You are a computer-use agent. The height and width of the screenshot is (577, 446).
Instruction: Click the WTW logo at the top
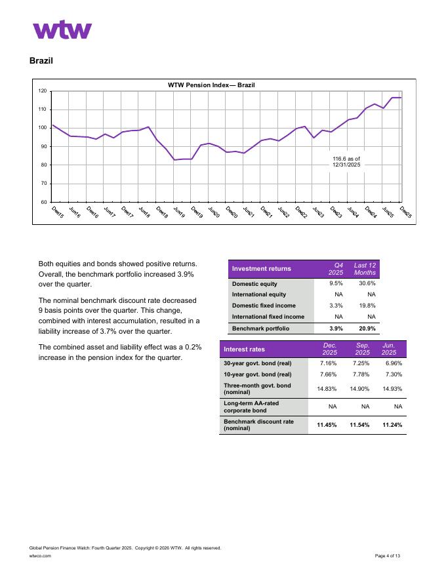[x=62, y=30]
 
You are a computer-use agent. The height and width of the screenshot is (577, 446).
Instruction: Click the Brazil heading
[x=41, y=61]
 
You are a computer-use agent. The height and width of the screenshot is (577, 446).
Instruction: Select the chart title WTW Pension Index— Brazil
[x=211, y=85]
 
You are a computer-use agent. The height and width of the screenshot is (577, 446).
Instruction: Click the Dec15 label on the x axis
[x=57, y=212]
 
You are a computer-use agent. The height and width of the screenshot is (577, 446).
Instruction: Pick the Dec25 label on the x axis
[x=405, y=212]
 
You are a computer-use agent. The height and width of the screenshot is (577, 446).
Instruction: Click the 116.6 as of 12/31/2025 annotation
[x=346, y=162]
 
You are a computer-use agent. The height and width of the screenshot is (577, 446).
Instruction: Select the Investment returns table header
[x=262, y=268]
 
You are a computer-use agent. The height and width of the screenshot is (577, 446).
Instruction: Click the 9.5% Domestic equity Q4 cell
[x=336, y=284]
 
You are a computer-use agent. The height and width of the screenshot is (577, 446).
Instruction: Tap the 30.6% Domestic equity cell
[x=366, y=284]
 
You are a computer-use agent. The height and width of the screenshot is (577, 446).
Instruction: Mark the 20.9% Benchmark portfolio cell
[x=366, y=328]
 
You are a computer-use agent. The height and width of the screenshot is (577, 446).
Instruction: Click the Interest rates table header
[x=245, y=349]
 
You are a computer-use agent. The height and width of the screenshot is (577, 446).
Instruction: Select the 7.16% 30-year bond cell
[x=328, y=363]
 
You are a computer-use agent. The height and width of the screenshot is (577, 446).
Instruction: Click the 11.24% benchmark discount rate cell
[x=392, y=425]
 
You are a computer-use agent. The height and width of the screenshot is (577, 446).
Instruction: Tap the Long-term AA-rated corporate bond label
[x=250, y=407]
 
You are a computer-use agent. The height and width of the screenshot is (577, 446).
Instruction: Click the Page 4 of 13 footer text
[x=388, y=555]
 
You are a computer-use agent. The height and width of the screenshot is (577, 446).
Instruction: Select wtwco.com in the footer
[x=41, y=555]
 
